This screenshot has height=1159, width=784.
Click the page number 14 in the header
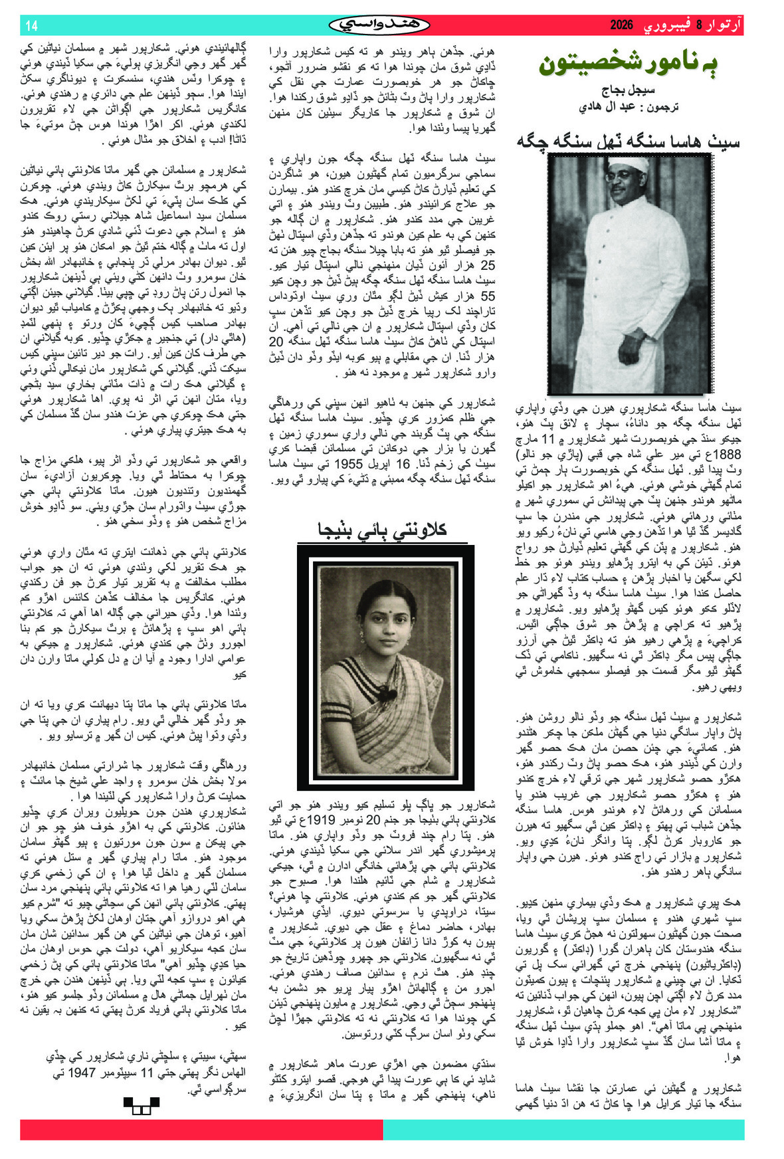(31, 26)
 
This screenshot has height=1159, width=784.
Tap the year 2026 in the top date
(622, 26)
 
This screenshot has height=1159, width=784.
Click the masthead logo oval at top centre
(379, 25)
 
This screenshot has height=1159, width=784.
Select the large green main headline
(628, 64)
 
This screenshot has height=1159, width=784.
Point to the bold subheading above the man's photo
(629, 141)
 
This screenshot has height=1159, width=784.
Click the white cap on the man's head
(627, 163)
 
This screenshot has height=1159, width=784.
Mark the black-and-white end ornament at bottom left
(142, 1105)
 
